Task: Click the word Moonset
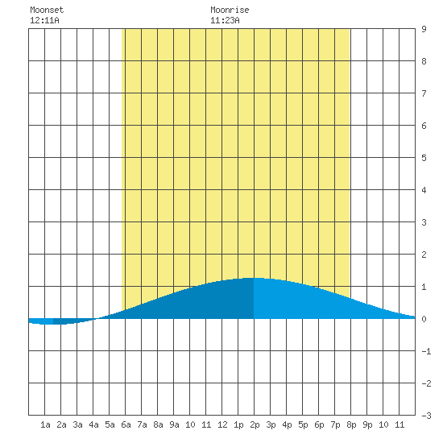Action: [x=47, y=10]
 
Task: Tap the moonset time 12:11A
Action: [x=44, y=20]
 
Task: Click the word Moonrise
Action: [x=230, y=10]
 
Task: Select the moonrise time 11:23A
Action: [x=225, y=20]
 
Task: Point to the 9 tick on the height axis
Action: [x=424, y=29]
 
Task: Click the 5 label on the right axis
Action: [x=424, y=158]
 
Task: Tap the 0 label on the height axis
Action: [x=424, y=319]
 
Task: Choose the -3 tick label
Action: [x=426, y=416]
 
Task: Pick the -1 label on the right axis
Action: [x=426, y=351]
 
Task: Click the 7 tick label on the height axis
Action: [x=424, y=93]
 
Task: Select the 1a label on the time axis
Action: [x=45, y=424]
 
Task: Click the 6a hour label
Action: [x=126, y=424]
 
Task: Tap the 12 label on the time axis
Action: [x=222, y=424]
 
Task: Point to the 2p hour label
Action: [x=255, y=424]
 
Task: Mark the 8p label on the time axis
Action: [x=351, y=424]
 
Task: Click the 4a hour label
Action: [x=93, y=424]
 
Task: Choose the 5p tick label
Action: [x=303, y=424]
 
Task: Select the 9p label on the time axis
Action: [x=367, y=424]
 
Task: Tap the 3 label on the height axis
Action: [x=424, y=222]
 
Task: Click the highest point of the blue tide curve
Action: [x=254, y=278]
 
